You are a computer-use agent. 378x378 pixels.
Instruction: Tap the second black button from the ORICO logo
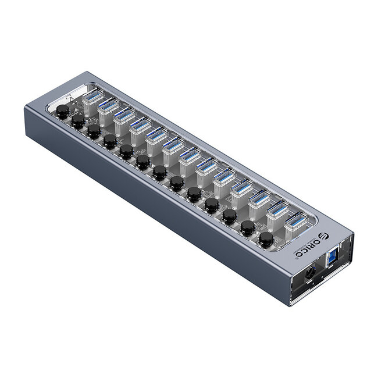pos(248,226)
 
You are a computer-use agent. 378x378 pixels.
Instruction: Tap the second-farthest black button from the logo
pos(78,121)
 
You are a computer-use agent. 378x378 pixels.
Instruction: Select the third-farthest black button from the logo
pos(94,130)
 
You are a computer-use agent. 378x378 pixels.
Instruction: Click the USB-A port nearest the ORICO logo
pos(295,222)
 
